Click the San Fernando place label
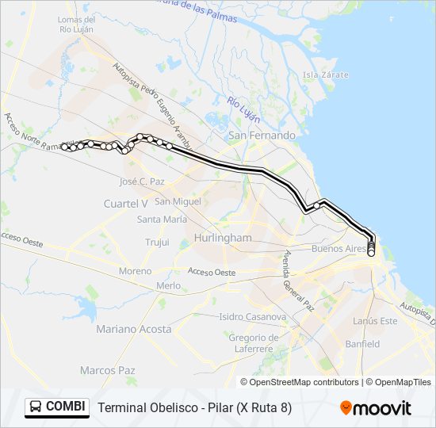click(262, 136)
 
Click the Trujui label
click(158, 242)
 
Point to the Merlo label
click(168, 285)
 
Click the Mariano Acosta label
click(133, 329)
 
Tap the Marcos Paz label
click(107, 370)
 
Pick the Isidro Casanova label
click(252, 317)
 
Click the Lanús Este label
click(375, 321)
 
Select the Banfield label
click(362, 344)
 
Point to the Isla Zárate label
click(320, 75)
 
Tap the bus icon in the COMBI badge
click(36, 407)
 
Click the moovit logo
click(376, 408)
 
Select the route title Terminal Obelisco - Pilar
click(194, 408)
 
